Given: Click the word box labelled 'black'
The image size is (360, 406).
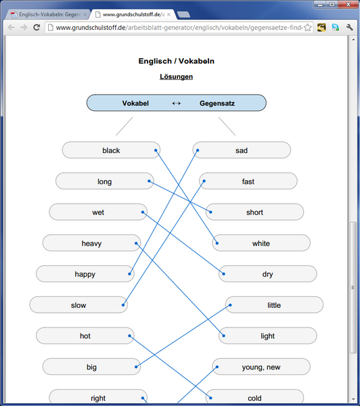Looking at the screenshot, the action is (x=111, y=150).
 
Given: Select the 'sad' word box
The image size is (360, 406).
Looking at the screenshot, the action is (x=242, y=150).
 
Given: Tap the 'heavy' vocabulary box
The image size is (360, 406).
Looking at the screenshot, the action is (x=91, y=243).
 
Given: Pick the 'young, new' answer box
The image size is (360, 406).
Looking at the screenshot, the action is (x=261, y=367).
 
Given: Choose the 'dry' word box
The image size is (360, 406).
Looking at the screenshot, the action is (x=267, y=273).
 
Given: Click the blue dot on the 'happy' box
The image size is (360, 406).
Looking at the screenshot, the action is (x=129, y=273).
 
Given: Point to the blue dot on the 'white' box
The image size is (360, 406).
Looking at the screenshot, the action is (x=217, y=243).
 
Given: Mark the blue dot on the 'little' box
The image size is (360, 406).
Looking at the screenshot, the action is (x=230, y=305).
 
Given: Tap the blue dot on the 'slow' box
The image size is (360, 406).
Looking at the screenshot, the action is (x=123, y=305).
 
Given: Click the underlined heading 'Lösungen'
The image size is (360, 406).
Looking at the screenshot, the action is (x=176, y=76).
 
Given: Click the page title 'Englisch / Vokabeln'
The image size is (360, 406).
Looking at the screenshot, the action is (x=177, y=61).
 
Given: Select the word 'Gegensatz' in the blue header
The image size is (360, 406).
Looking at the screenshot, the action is (x=217, y=104).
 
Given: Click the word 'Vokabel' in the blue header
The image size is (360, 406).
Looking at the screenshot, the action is (x=135, y=104).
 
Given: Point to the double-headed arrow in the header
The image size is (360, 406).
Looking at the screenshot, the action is (x=177, y=104).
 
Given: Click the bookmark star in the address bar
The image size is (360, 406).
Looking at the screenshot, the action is (x=308, y=28).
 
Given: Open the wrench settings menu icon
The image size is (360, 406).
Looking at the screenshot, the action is (x=349, y=27).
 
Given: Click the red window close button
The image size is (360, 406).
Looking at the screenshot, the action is (x=348, y=5).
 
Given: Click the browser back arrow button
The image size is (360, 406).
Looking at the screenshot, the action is (x=11, y=27).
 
